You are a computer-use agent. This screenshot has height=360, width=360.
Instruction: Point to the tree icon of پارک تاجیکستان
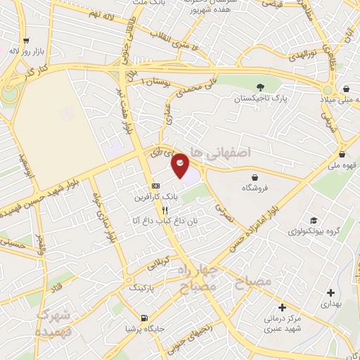pyautogui.click(x=261, y=88)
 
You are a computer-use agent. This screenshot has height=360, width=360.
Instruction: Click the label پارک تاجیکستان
pyautogui.click(x=260, y=100)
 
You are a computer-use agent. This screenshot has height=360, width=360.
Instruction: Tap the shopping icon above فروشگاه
pyautogui.click(x=253, y=176)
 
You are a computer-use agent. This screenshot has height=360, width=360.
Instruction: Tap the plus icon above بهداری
pyautogui.click(x=330, y=292)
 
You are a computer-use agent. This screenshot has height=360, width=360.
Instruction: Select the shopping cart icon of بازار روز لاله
pyautogui.click(x=26, y=41)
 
